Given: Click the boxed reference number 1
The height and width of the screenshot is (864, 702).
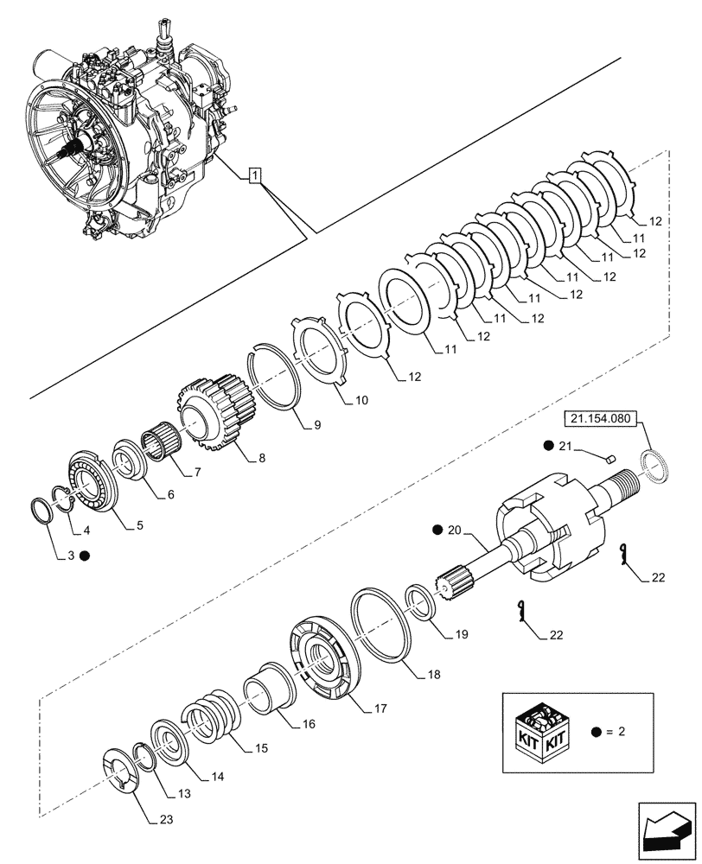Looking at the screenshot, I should coord(253,177).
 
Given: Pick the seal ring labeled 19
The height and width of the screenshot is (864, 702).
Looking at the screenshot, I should coord(421,602).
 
